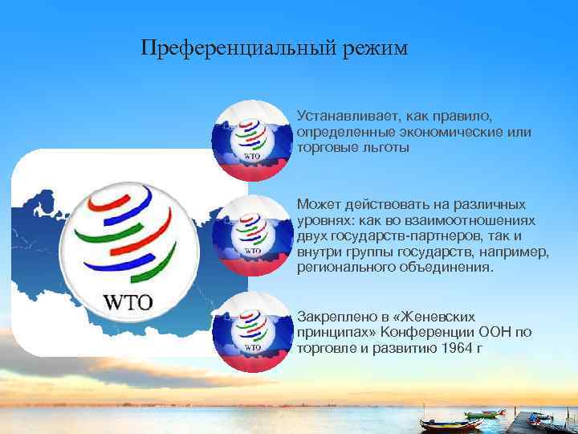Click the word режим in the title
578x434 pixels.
(377, 49)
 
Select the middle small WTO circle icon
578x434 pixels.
(251, 235)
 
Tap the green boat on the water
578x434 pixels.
(481, 415)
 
